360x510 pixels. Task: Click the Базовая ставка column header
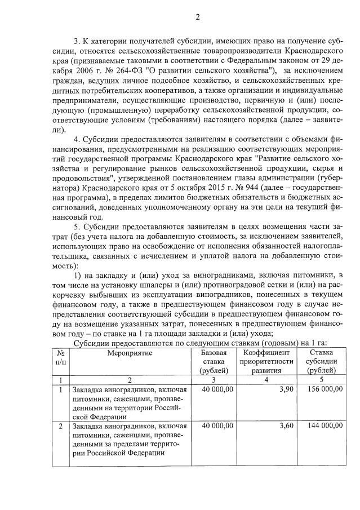[214, 361]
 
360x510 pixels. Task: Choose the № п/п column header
[60, 357]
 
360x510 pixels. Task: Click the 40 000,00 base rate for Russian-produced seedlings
[216, 389]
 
